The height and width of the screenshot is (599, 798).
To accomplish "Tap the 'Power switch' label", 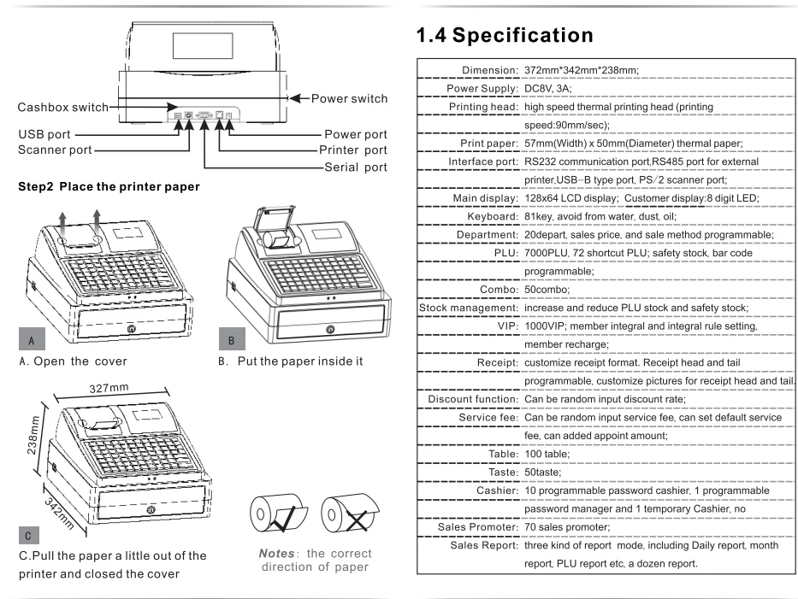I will [349, 98].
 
